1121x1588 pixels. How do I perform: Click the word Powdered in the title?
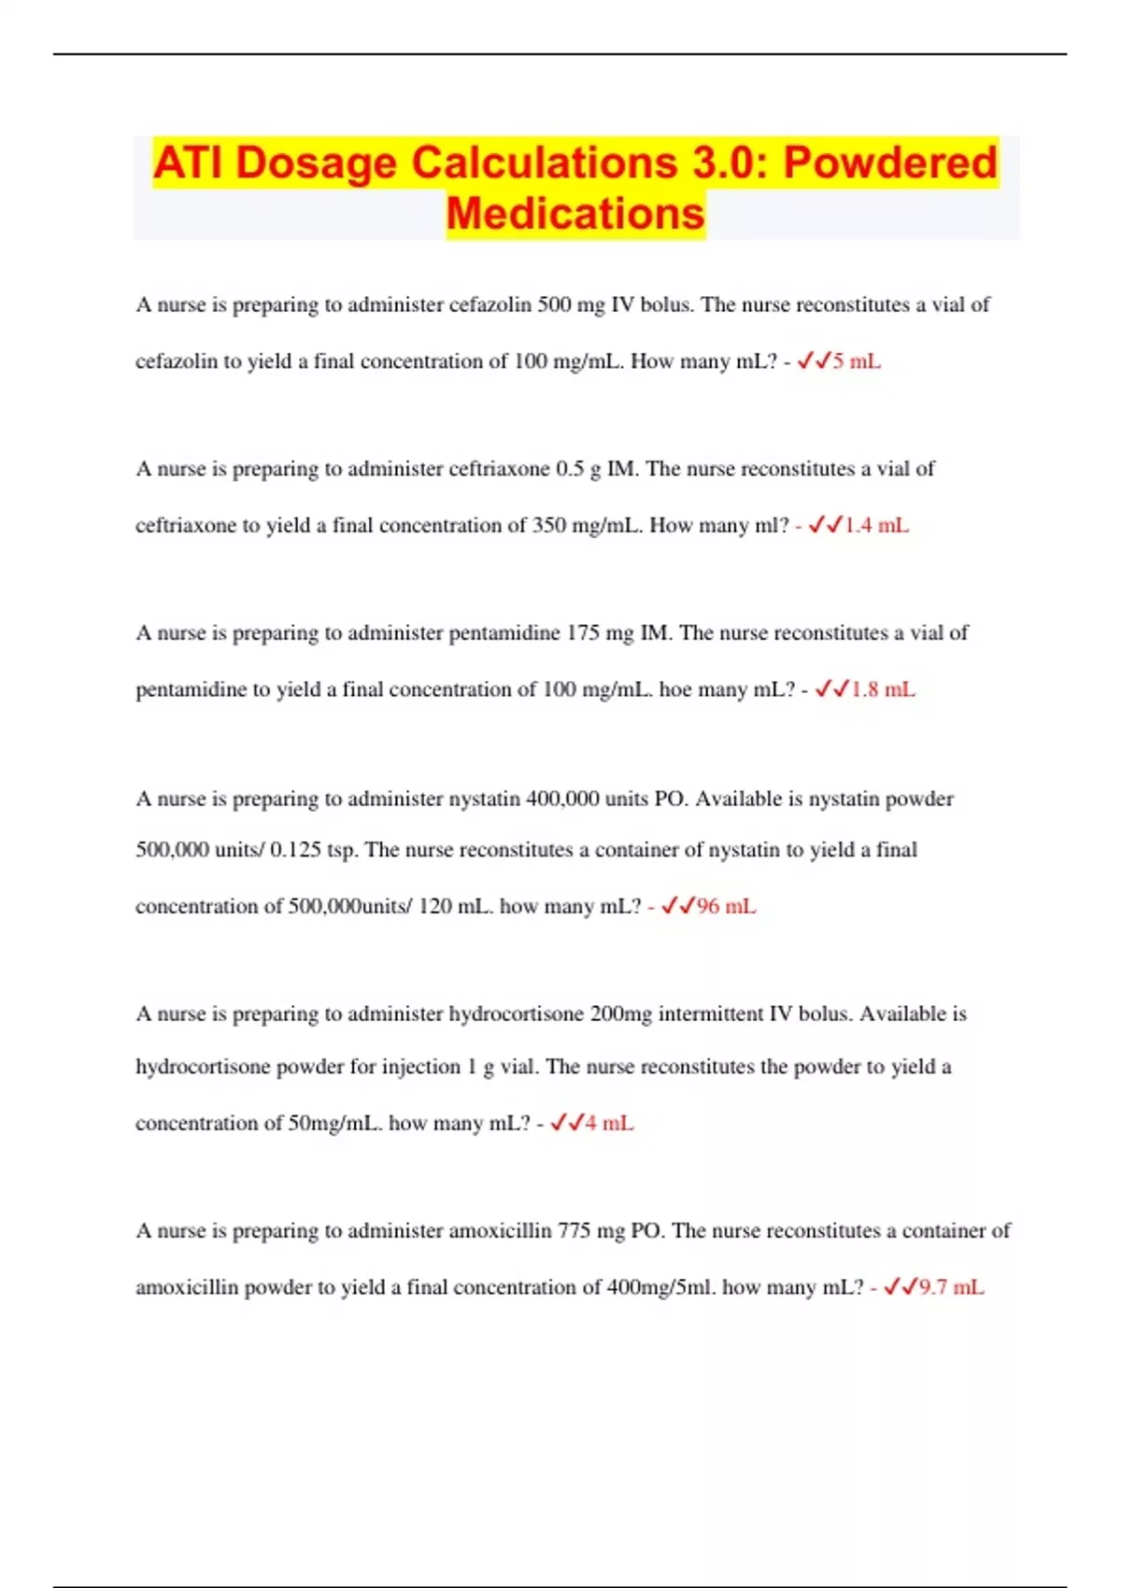point(890,163)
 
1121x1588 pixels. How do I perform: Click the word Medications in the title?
point(575,213)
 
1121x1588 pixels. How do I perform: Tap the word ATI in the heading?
point(190,163)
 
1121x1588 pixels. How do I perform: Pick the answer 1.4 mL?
point(875,525)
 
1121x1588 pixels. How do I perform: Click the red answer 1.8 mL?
point(883,689)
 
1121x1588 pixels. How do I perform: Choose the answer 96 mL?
point(726,906)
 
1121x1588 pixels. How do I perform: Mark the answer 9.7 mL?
point(951,1287)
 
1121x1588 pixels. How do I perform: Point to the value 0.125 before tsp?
point(296,850)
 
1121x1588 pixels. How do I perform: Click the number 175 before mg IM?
point(582,632)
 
